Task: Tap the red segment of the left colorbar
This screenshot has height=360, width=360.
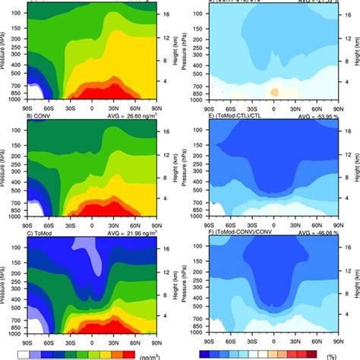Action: (128, 353)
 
